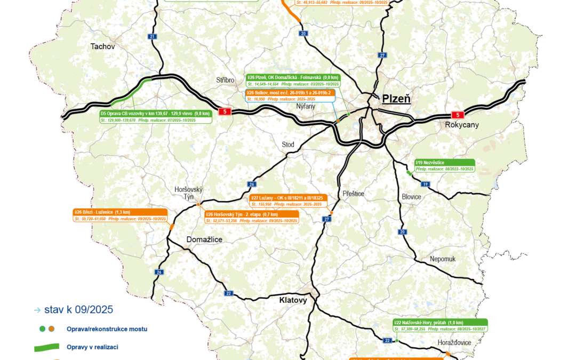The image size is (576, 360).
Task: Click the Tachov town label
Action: click(103, 46)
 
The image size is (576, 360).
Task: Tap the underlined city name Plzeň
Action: click(396, 99)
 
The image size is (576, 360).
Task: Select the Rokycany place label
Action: click(462, 125)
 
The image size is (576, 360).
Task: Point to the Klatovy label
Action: click(293, 300)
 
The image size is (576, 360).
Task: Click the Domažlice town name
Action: click(204, 239)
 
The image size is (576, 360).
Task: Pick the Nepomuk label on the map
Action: click(443, 259)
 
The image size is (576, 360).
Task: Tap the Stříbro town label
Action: click(225, 80)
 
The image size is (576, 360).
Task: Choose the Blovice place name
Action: click(411, 197)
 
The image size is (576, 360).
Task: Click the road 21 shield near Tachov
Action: click(153, 36)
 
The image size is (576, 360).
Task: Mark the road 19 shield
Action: click(425, 184)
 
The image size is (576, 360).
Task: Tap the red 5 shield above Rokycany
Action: click(457, 114)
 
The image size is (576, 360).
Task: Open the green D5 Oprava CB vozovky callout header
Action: click(155, 113)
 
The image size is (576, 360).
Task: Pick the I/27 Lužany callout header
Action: click(289, 198)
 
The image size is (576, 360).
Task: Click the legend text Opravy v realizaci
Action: click(92, 347)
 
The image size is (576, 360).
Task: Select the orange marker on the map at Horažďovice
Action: click(447, 353)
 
